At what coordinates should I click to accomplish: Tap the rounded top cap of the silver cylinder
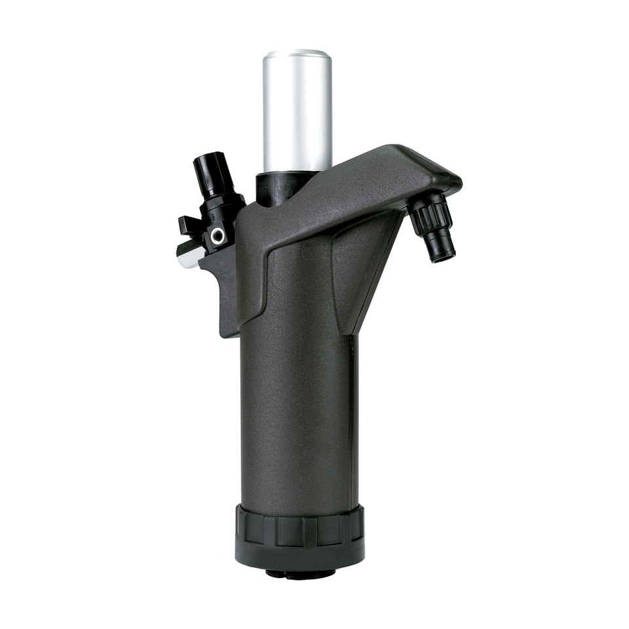click(x=297, y=54)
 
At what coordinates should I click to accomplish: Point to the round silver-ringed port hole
click(x=218, y=235)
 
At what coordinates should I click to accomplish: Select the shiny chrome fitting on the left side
click(x=188, y=254)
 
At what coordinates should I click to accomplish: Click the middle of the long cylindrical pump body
click(x=298, y=406)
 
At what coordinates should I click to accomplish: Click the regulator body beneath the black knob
click(x=219, y=210)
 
